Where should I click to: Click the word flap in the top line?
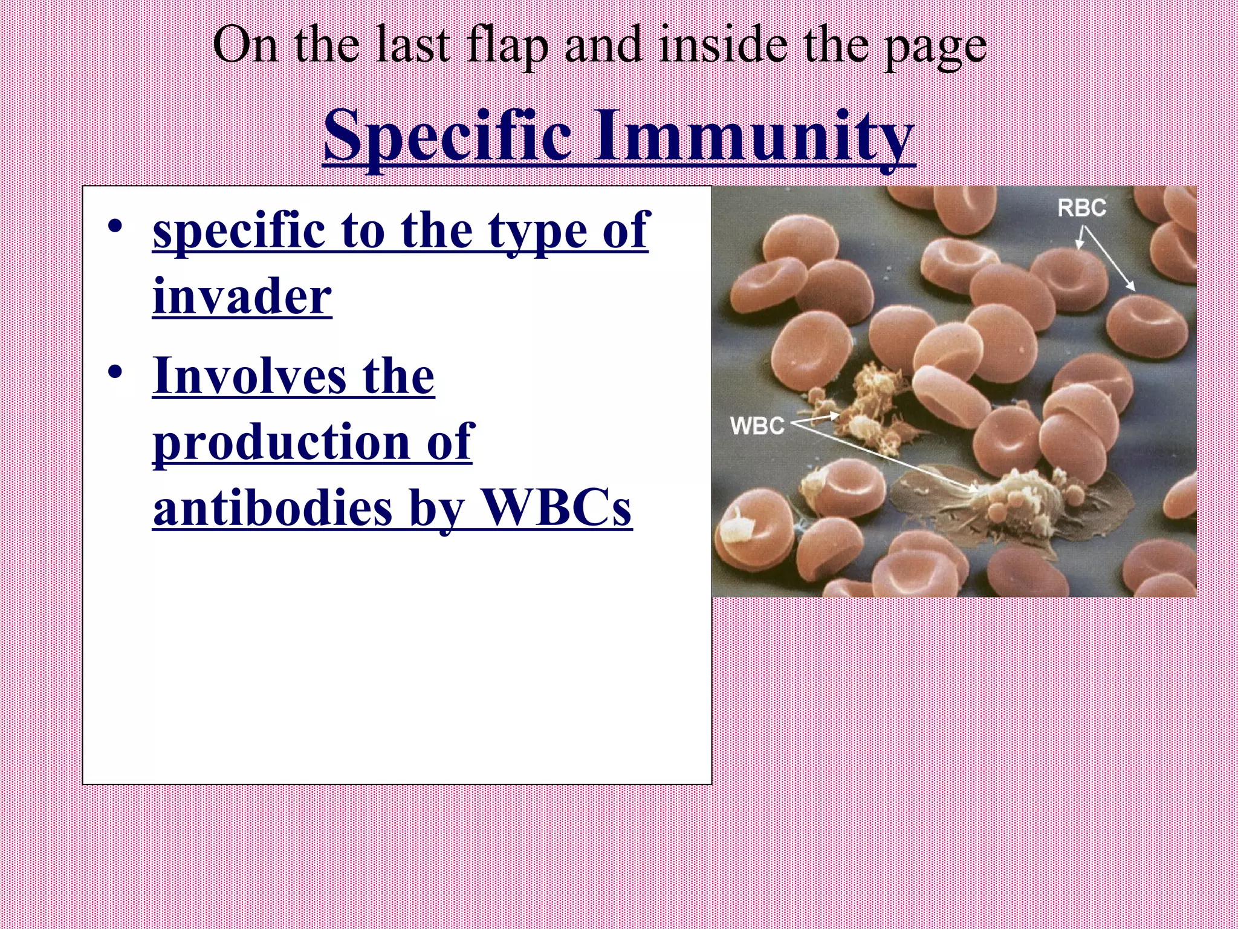click(508, 47)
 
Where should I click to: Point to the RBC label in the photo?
click(1081, 208)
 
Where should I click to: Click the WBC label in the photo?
click(757, 425)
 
